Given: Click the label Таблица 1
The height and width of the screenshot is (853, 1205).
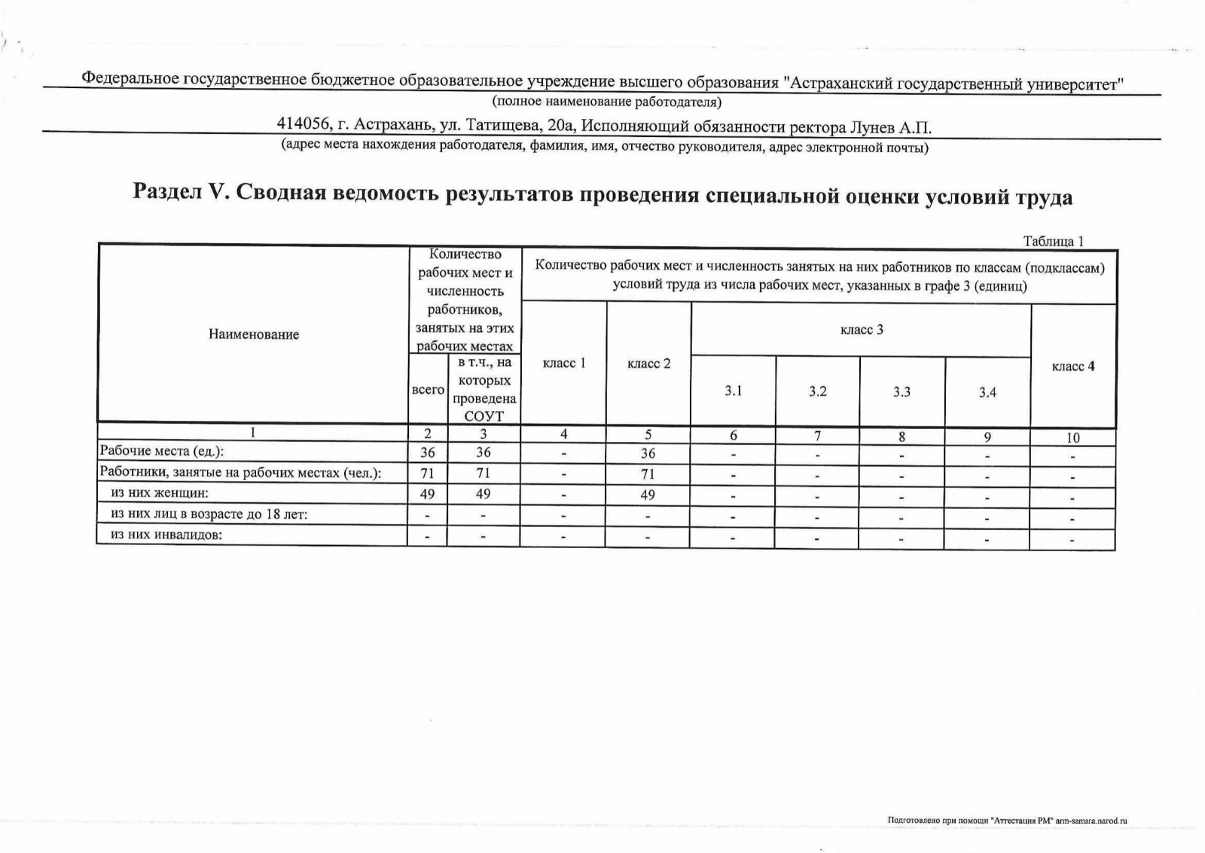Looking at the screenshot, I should click(x=1053, y=241).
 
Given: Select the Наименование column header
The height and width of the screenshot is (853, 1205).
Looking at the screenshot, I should click(x=254, y=334).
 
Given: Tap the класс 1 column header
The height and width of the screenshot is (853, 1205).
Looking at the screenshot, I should click(x=564, y=363).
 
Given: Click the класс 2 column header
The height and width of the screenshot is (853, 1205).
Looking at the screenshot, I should click(x=648, y=364).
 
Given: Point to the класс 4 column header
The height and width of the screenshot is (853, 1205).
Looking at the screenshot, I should click(x=1073, y=367).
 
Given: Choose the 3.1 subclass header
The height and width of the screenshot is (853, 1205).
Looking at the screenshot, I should click(x=734, y=391).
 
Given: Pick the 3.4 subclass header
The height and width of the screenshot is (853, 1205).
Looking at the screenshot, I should click(x=987, y=392).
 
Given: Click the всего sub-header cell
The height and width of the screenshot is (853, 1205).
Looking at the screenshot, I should click(x=428, y=389).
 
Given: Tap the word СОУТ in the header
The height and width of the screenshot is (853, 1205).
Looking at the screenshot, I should click(x=484, y=416).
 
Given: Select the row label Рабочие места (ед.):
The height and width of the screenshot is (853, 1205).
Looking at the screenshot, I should click(x=163, y=451).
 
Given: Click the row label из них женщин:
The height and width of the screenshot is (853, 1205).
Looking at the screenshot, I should click(x=159, y=493).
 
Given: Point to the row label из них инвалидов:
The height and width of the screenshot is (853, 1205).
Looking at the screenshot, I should click(x=168, y=535).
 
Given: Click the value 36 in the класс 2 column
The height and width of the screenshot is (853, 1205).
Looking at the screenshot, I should click(x=648, y=453).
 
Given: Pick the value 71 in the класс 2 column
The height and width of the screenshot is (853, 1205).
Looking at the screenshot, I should click(x=648, y=474).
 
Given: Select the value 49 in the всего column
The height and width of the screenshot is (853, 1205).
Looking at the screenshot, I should click(x=428, y=494).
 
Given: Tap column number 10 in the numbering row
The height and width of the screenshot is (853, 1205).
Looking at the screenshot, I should click(x=1073, y=437).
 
